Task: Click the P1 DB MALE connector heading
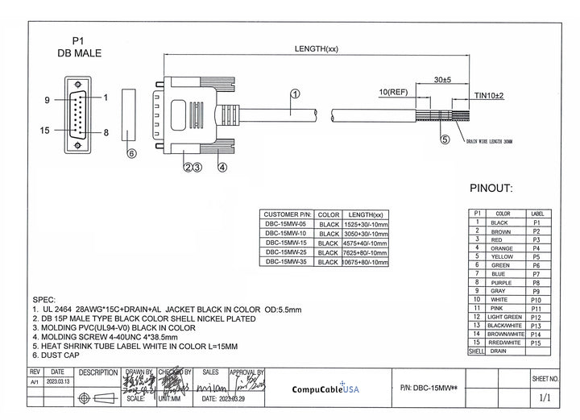coord(78,46)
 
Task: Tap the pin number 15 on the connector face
coord(46,129)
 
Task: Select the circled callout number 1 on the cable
coord(294,94)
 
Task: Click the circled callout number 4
coord(222,167)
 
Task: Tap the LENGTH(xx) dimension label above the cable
coord(316,49)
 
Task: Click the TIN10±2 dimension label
coord(489,96)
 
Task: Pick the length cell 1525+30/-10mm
coord(365,225)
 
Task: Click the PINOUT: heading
coord(491,189)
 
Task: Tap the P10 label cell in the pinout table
coord(536,299)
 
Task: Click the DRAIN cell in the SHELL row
coord(499,351)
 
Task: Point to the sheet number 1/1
coord(545,397)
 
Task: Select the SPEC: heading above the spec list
coord(45,297)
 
